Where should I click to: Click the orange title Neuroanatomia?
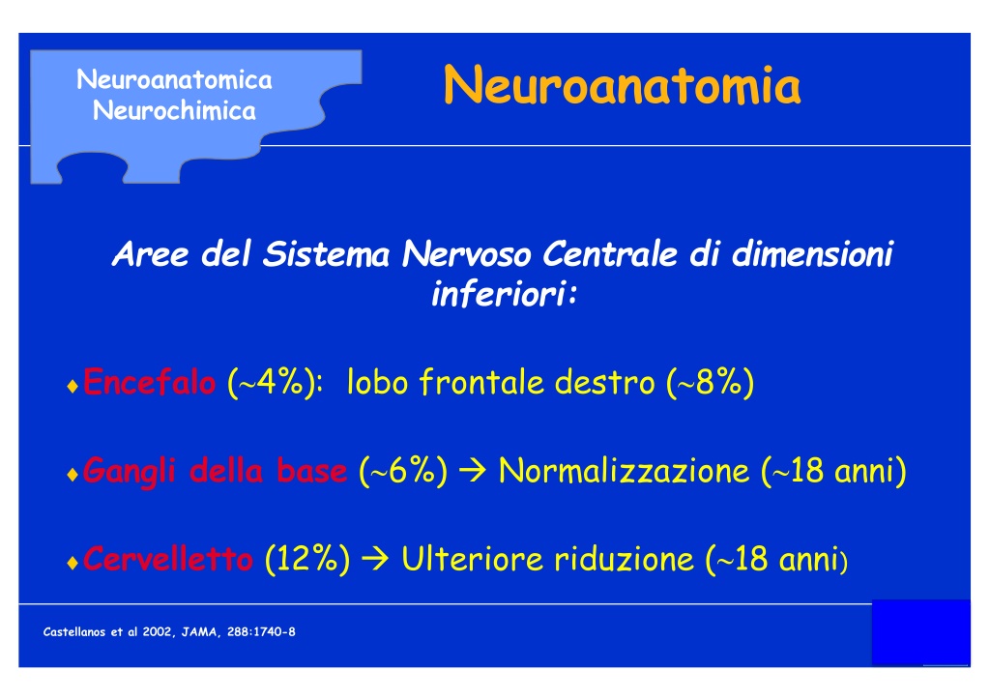coord(623,85)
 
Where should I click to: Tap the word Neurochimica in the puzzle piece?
coord(174,111)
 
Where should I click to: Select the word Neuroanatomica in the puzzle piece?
coord(174,80)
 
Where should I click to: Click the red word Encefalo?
coord(149,382)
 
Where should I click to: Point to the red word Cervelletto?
coord(168,559)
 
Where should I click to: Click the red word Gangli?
coord(129,472)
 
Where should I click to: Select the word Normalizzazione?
coord(624,471)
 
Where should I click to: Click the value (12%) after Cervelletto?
coord(307,559)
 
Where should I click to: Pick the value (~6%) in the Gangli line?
coord(403,471)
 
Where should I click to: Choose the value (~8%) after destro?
coord(711,383)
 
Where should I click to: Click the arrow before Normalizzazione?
coord(473,472)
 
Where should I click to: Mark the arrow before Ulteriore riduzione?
coord(375,560)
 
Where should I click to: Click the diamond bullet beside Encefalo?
coord(73,387)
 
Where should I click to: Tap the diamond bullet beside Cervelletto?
coord(73,563)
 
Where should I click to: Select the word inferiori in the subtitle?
coord(500,294)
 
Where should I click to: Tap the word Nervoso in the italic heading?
coord(467,254)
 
